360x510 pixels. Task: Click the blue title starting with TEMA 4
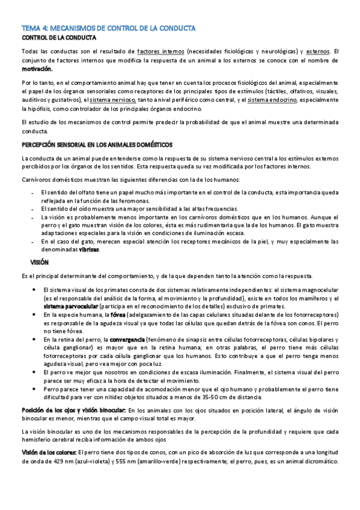(x=112, y=28)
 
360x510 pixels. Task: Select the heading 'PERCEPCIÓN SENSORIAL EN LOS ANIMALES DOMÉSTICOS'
(x=97, y=145)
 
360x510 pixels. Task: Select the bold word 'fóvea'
(x=118, y=315)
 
